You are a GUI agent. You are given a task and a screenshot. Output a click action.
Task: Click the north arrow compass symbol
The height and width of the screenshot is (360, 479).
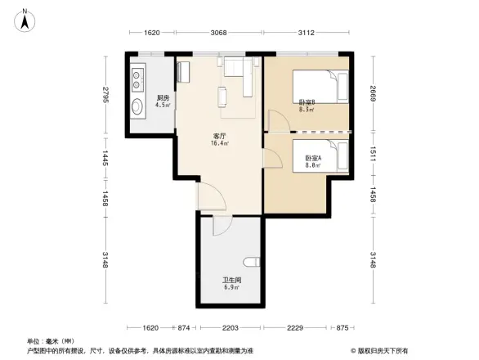pyautogui.click(x=26, y=18)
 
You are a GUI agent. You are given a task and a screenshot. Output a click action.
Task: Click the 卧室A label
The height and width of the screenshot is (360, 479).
pyautogui.click(x=312, y=160)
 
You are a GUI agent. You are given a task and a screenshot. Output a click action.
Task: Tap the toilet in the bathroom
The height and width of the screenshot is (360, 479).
pyautogui.click(x=255, y=263)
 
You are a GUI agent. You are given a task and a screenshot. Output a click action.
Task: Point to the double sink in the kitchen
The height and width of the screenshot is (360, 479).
pyautogui.click(x=136, y=82)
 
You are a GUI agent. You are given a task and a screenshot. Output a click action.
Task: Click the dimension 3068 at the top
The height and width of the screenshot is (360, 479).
pyautogui.click(x=217, y=34)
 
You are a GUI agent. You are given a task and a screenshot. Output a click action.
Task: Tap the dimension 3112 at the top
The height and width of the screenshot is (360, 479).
pyautogui.click(x=307, y=34)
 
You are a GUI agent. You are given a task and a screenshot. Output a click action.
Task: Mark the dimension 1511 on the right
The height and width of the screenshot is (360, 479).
pyautogui.click(x=372, y=152)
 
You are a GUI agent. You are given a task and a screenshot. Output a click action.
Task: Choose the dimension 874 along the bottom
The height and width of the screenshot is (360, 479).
pyautogui.click(x=184, y=327)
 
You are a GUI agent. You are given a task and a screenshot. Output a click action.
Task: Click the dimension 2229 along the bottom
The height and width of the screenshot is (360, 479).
pyautogui.click(x=296, y=327)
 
